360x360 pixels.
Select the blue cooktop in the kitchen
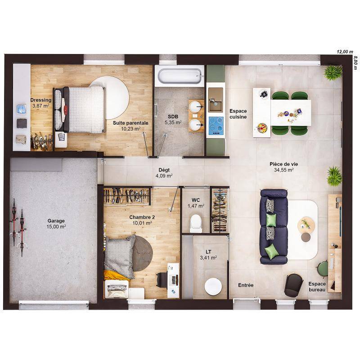pos(216,125)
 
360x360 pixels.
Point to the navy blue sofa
pos(273,226)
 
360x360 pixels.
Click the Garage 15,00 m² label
pos(56,224)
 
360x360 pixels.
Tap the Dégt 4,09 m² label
pos(164,173)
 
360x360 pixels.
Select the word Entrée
pos(246,285)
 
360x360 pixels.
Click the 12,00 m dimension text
pos(345,52)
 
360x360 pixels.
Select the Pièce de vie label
pos(283,167)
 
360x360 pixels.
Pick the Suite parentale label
pos(130,125)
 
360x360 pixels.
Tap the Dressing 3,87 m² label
pos(40,103)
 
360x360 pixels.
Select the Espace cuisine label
pos(238,114)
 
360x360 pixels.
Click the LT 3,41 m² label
pos(208,255)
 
